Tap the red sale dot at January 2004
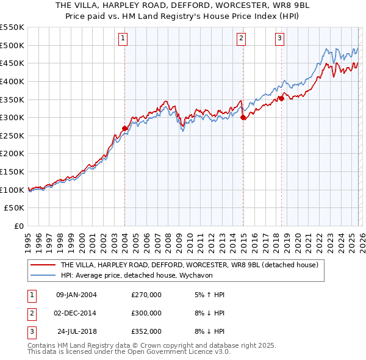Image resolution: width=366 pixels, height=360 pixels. tap(125, 128)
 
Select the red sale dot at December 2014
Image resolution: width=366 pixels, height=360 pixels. tap(243, 117)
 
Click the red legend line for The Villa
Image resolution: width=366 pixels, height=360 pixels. tap(43, 265)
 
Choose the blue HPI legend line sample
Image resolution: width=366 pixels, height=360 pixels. tap(43, 275)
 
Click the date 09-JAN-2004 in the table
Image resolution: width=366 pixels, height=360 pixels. tap(76, 295)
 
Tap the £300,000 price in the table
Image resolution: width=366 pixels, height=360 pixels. tap(146, 313)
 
